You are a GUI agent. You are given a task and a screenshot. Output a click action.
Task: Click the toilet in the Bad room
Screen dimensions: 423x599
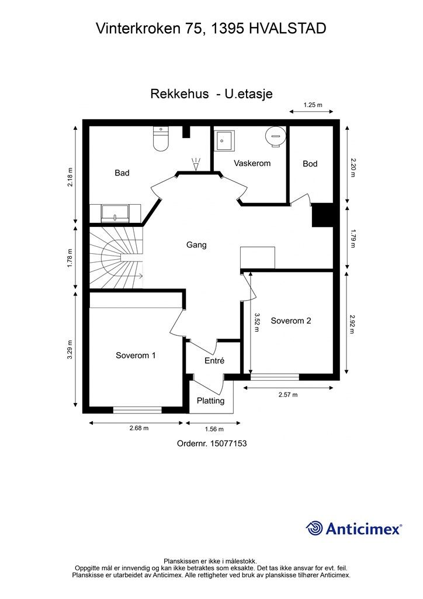[x=161, y=138]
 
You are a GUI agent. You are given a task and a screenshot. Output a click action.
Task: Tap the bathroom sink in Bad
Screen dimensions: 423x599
[x=115, y=213]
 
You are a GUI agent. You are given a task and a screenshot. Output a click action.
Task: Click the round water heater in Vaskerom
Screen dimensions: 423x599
[x=275, y=135]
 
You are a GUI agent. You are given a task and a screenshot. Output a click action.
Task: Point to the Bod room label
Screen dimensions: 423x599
[x=310, y=164]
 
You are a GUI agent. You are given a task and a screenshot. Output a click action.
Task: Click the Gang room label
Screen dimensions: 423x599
[x=196, y=245]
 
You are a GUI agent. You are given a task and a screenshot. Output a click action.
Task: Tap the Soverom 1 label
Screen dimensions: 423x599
[x=136, y=355]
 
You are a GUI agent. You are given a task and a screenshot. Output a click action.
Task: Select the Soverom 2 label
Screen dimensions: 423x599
[x=290, y=321]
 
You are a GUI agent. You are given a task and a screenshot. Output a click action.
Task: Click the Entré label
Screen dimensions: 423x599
[x=214, y=360]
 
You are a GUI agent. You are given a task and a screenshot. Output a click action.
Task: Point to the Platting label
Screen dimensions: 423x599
[x=210, y=400]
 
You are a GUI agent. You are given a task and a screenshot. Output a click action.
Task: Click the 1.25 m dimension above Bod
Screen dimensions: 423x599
[x=313, y=105]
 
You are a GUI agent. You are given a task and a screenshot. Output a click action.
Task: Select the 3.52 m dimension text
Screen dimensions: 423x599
[x=256, y=322]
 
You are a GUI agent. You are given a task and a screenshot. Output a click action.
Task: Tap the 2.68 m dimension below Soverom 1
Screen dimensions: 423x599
[x=139, y=428]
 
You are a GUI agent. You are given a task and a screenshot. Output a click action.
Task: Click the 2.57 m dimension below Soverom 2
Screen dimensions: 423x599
[x=288, y=395]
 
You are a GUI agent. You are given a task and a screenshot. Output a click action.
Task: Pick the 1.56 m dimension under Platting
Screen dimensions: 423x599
[x=214, y=429]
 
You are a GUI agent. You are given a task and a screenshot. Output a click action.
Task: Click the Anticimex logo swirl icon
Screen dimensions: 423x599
[x=314, y=528]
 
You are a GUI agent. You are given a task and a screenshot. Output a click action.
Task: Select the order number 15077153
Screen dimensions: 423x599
[x=228, y=443]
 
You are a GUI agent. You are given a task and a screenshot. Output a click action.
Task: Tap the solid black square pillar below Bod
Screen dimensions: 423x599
[x=323, y=215]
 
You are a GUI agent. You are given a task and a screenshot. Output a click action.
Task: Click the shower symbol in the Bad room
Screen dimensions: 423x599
[x=196, y=164]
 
